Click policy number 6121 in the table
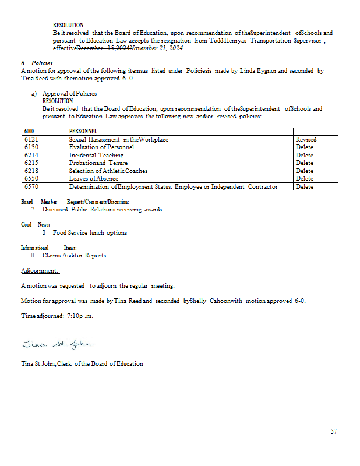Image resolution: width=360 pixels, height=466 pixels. pos(31,139)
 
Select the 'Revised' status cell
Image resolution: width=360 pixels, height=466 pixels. pos(306,139)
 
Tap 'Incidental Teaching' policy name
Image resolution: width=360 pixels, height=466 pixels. pos(96,155)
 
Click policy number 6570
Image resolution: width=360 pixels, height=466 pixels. pos(31,186)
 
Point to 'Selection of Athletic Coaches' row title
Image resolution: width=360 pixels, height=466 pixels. pos(108,171)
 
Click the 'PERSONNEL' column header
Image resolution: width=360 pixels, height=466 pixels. pos(83,132)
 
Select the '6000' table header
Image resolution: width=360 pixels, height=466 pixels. pos(29,132)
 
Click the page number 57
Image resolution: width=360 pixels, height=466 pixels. pos(333,432)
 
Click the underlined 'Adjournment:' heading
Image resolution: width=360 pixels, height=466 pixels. pos(40,271)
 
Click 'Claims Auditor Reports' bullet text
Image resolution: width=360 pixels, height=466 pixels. pos(74,255)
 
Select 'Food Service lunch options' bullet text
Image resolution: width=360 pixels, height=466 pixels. pos(90,232)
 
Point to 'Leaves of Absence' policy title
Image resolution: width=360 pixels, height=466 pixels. pos(93,178)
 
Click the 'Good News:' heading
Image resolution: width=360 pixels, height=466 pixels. pos(36,224)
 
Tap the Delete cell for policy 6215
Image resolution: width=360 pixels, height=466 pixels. pos(304,163)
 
